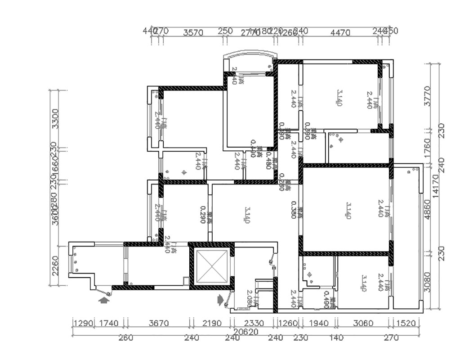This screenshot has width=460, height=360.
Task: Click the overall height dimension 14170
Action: [435, 186]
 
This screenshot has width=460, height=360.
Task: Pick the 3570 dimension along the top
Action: [193, 32]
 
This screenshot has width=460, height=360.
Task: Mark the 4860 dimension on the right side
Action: [428, 209]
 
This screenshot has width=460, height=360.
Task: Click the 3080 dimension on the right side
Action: [428, 282]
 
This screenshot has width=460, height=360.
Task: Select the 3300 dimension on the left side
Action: [55, 118]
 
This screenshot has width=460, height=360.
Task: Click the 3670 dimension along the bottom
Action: [158, 324]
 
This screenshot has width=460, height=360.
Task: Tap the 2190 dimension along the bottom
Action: [212, 324]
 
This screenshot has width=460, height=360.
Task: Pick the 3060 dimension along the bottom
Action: [363, 324]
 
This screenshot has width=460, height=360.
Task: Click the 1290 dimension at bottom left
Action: [82, 324]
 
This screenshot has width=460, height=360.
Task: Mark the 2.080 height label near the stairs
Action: [250, 297]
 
